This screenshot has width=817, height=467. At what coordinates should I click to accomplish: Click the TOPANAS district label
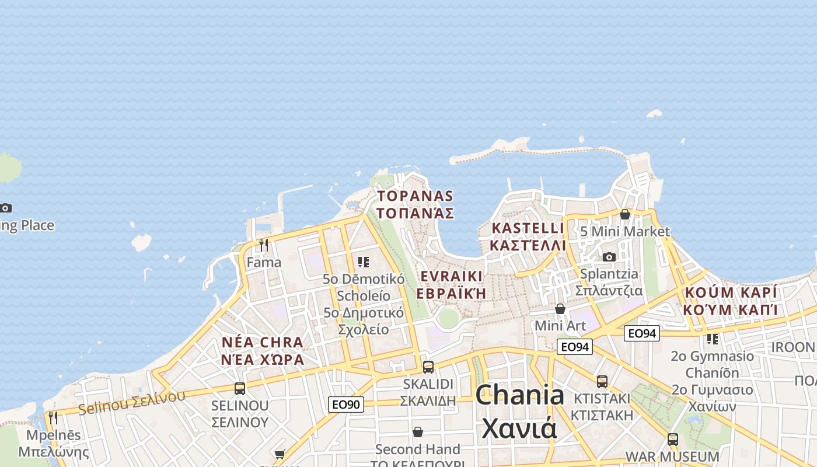click(x=415, y=204)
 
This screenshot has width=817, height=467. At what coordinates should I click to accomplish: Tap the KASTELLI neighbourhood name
click(x=528, y=236)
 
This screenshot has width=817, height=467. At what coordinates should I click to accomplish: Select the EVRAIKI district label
click(x=452, y=284)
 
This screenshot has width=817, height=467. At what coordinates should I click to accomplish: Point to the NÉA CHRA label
click(x=263, y=351)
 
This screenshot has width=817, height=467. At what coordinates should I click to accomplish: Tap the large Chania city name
click(x=519, y=412)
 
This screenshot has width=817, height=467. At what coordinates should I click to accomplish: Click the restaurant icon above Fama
click(x=264, y=245)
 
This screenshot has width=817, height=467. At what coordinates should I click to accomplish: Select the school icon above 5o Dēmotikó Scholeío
click(x=364, y=262)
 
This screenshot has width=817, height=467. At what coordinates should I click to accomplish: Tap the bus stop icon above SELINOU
click(x=240, y=389)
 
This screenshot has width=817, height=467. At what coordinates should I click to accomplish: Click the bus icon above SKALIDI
click(x=428, y=367)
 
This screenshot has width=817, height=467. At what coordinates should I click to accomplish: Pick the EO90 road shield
click(x=346, y=404)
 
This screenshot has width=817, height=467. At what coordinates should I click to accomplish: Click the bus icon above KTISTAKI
click(x=602, y=382)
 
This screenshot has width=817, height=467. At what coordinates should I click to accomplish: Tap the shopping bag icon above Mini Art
click(x=560, y=309)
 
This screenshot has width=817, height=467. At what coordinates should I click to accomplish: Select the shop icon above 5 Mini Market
click(x=625, y=214)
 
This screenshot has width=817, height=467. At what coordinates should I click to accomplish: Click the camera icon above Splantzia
click(x=609, y=257)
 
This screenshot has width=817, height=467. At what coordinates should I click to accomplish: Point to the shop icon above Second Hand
click(x=418, y=432)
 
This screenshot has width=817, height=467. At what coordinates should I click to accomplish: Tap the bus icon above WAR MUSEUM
click(x=673, y=440)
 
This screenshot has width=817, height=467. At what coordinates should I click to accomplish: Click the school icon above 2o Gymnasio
click(x=713, y=339)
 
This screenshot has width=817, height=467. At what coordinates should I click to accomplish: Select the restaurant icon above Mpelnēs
click(x=53, y=418)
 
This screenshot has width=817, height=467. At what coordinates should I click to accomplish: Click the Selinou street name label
click(x=131, y=402)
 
